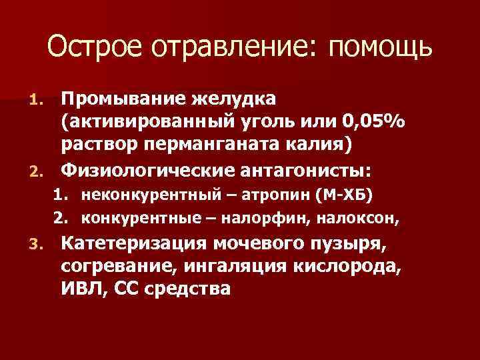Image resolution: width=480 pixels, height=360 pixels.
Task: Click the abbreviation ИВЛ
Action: click(81, 290)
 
